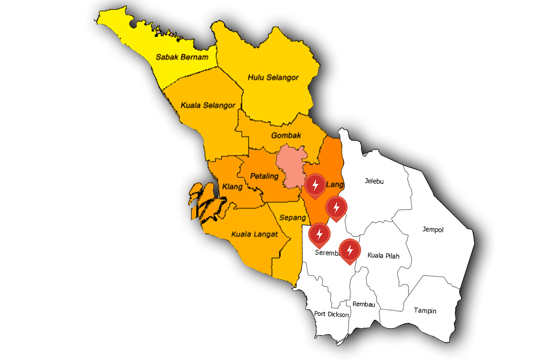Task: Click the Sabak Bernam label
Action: click(x=182, y=57)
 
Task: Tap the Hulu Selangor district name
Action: click(x=273, y=77)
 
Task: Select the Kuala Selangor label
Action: click(x=208, y=105)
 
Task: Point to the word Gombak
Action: click(x=286, y=135)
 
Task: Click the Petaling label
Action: click(x=264, y=176)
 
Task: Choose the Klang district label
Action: click(x=232, y=187)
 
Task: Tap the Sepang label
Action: click(x=292, y=217)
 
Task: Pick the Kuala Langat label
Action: click(x=254, y=234)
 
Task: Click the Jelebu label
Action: click(x=374, y=181)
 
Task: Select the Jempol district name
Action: click(x=433, y=229)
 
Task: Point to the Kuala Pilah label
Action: click(x=383, y=256)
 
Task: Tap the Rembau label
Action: click(x=364, y=304)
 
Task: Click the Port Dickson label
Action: click(x=331, y=314)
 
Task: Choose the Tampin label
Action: click(x=425, y=310)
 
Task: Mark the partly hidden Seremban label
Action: click(x=327, y=253)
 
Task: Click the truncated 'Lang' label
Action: click(x=335, y=184)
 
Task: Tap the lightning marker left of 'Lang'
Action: click(x=315, y=185)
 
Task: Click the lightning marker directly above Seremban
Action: click(x=319, y=234)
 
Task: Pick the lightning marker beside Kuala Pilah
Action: click(x=350, y=250)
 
